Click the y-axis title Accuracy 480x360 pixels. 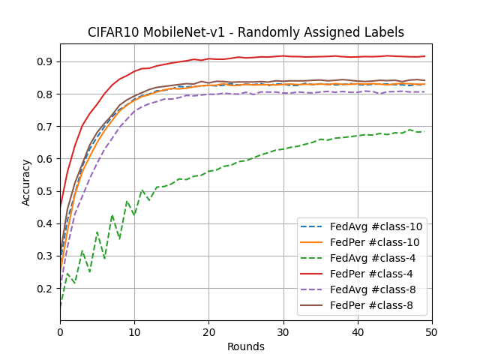pos(26,182)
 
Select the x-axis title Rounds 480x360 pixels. pos(246,346)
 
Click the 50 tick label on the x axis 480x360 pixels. pos(432,332)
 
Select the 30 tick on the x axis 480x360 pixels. pos(283,332)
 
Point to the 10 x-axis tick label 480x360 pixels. pos(134,332)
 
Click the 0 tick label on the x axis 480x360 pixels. pos(60,332)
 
